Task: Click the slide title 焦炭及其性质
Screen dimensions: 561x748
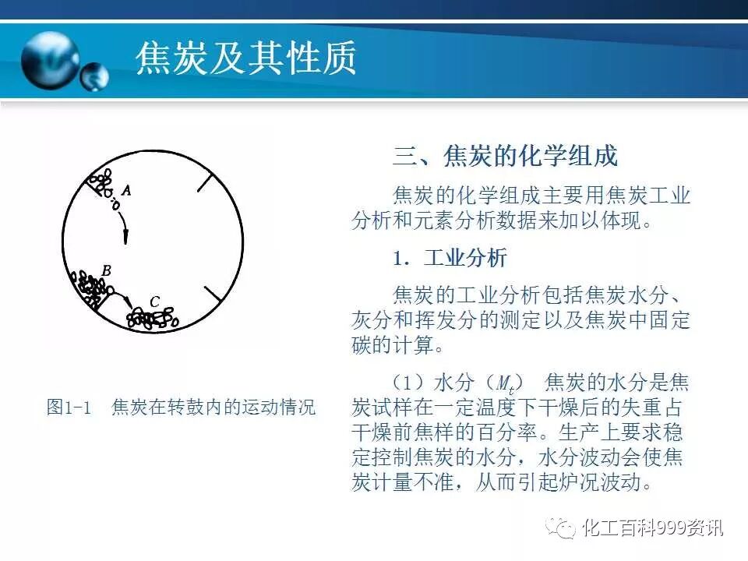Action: point(246,58)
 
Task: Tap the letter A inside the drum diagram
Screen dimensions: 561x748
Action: point(127,189)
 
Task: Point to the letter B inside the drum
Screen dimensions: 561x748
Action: point(107,270)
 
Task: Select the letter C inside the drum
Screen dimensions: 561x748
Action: point(154,301)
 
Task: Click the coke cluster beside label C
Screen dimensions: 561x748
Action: point(153,318)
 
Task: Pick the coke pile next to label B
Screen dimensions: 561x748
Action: point(90,288)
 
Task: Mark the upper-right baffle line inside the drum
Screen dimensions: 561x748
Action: point(203,181)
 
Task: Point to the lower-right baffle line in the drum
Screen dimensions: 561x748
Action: point(212,295)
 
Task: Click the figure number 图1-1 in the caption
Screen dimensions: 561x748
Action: point(69,407)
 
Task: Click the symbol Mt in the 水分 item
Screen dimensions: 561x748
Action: point(505,383)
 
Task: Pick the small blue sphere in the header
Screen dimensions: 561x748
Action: point(95,76)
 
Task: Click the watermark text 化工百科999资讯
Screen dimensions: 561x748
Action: point(653,529)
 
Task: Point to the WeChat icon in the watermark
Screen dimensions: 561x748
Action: point(561,528)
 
